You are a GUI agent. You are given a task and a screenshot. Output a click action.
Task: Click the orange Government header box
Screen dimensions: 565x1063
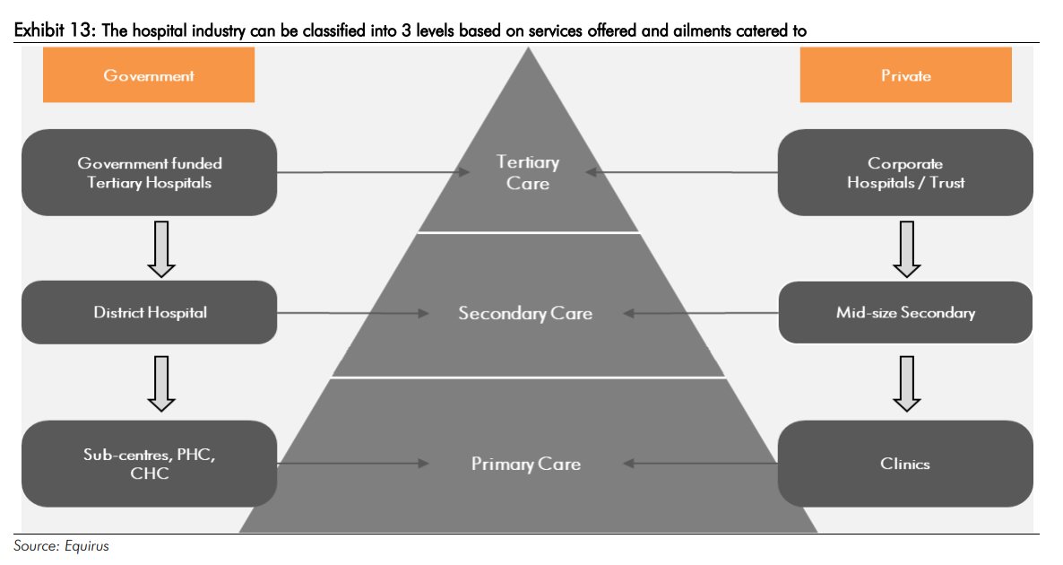[149, 75]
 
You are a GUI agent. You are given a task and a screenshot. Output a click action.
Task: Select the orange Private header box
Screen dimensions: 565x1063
[905, 75]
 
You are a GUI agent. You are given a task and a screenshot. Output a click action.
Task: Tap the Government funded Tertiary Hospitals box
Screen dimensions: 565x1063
[149, 172]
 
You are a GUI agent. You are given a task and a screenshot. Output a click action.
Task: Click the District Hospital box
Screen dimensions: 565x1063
[149, 312]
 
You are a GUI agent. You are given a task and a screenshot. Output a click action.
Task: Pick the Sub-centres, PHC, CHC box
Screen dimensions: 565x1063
[149, 464]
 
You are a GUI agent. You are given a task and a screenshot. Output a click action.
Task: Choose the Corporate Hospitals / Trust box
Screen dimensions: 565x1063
[905, 172]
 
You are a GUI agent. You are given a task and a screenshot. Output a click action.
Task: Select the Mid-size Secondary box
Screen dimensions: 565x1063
[905, 312]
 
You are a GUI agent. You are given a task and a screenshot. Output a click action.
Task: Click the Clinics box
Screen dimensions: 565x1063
[905, 464]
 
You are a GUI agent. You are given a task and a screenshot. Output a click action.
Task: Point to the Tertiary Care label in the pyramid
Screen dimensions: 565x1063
[528, 173]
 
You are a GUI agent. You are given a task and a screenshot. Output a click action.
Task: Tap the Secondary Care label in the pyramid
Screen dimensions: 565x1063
[525, 313]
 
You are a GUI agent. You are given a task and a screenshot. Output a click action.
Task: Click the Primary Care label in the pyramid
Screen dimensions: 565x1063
[526, 464]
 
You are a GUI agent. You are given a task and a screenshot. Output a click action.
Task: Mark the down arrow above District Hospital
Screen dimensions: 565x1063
[161, 248]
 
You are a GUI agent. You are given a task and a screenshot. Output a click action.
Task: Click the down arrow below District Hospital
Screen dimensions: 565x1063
[161, 383]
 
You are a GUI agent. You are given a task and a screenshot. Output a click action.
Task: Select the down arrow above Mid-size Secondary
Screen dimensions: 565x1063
[907, 248]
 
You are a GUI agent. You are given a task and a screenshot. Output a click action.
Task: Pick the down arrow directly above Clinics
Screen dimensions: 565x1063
[907, 383]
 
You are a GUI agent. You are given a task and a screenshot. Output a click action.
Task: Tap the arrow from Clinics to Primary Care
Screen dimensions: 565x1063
[699, 464]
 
